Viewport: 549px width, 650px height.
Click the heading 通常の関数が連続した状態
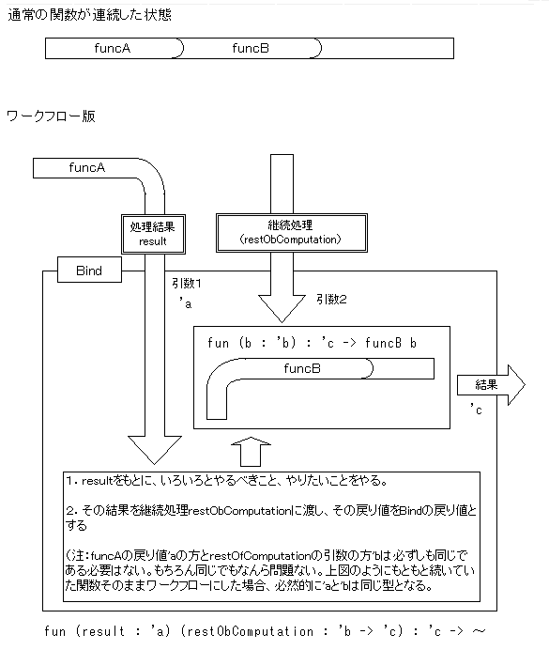[x=89, y=15]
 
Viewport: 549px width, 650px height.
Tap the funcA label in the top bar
[x=113, y=49]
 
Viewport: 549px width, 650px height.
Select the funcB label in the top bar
[x=251, y=49]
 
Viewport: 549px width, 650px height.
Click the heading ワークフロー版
[x=51, y=116]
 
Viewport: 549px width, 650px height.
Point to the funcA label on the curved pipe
[x=87, y=167]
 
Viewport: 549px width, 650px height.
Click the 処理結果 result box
[x=153, y=234]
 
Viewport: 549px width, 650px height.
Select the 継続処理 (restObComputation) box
[x=292, y=233]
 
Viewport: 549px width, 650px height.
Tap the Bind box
[x=89, y=270]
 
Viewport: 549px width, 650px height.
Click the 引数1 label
[x=187, y=284]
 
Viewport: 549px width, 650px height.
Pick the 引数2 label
[x=331, y=300]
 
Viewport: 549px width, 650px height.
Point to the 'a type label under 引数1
[x=186, y=303]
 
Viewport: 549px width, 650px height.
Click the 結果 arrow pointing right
[x=491, y=385]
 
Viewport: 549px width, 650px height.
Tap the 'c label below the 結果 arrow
[x=476, y=410]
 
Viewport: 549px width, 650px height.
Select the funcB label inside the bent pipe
[x=302, y=368]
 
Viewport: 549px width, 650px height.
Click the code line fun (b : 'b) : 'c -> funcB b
[x=312, y=343]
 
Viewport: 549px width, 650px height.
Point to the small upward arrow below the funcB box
[x=251, y=452]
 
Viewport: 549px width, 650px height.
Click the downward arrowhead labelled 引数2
[x=282, y=308]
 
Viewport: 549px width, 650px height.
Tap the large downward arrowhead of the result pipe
[x=155, y=450]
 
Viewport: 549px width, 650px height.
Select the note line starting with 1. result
[x=227, y=481]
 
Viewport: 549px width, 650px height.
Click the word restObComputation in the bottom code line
[x=250, y=631]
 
